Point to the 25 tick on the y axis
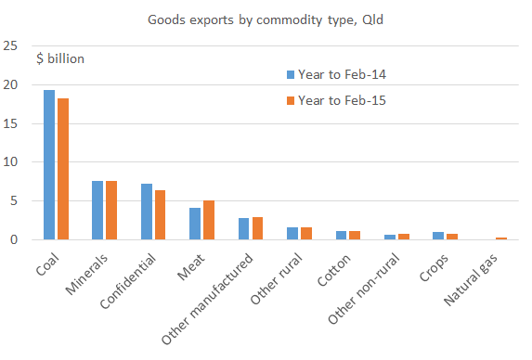(10, 45)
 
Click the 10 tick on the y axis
(10, 162)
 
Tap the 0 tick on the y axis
(14, 240)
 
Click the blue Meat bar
(195, 224)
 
